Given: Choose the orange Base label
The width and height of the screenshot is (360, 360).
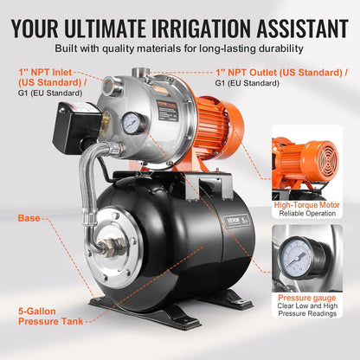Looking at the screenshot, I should (29, 218).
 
